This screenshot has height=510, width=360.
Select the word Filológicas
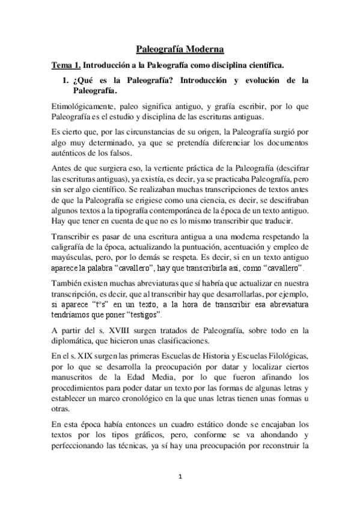coord(284,355)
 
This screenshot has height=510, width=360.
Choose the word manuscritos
coord(76,378)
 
